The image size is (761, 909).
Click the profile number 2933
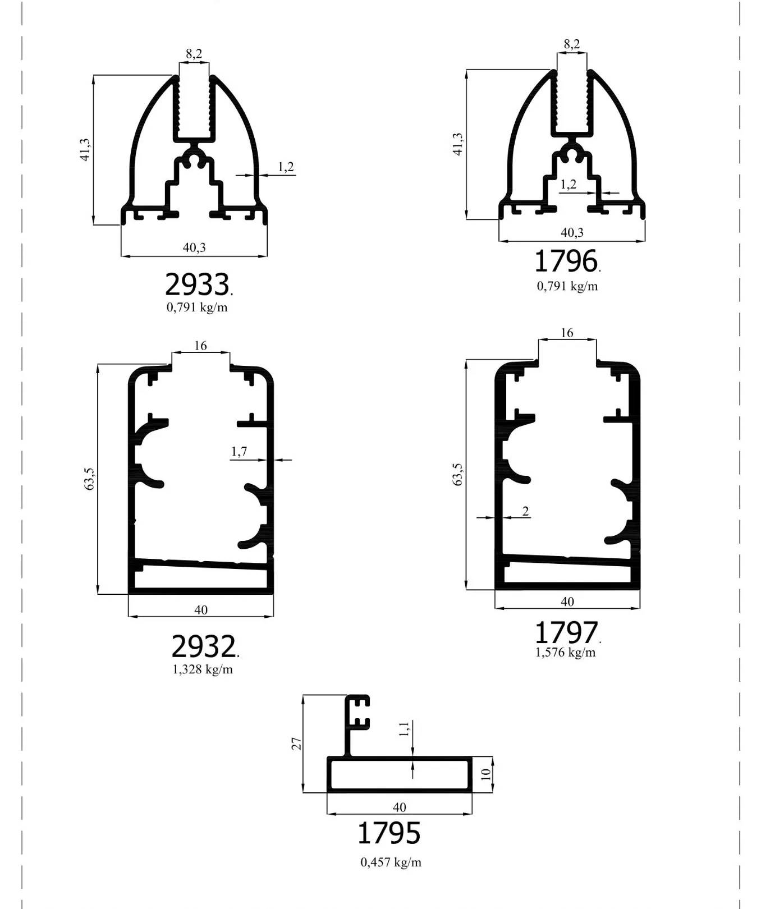197,284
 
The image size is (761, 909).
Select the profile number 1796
566,261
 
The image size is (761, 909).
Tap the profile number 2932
203,646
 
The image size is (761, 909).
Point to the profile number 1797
566,632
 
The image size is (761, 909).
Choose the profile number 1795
389,833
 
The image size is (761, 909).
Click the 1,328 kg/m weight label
203,669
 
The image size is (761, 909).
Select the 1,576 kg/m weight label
566,652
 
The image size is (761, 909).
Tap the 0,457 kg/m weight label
391,862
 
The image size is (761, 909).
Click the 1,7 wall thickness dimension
239,451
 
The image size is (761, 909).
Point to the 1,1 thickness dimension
404,729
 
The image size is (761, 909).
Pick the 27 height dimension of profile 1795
297,744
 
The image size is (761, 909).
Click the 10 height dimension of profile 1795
486,774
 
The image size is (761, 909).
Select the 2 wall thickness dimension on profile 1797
525,511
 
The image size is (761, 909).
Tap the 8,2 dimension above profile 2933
194,54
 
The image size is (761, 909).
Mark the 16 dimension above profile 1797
567,333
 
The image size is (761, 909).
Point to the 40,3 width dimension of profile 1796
572,232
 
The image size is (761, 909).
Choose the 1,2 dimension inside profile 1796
569,184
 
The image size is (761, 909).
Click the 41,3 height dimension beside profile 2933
85,150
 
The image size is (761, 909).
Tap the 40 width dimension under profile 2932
201,610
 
